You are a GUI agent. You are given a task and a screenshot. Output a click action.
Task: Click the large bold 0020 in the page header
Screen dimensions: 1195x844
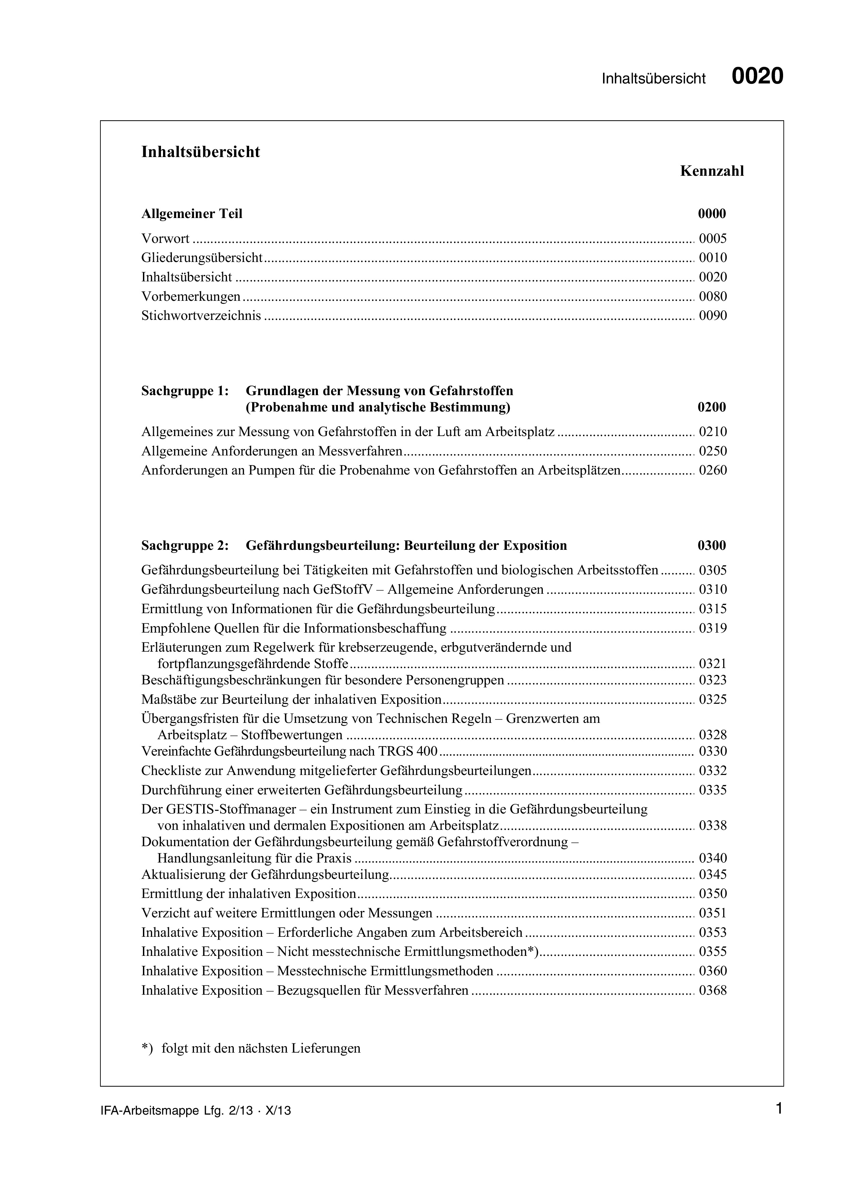pyautogui.click(x=757, y=77)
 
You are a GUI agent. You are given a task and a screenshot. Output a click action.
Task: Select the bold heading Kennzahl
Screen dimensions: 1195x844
pyautogui.click(x=712, y=171)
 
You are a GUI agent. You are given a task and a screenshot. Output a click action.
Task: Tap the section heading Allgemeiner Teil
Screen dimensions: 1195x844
pyautogui.click(x=192, y=214)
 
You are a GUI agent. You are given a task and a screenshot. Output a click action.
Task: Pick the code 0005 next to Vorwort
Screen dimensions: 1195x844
pyautogui.click(x=712, y=239)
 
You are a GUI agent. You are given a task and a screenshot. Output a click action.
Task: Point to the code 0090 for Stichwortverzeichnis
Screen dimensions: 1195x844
pyautogui.click(x=712, y=316)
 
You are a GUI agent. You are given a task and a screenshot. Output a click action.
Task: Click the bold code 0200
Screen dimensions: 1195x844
pyautogui.click(x=711, y=407)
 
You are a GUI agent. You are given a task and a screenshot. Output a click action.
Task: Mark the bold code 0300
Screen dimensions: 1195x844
pyautogui.click(x=711, y=546)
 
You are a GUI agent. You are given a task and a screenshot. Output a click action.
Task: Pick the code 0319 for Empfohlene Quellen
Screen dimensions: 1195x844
pyautogui.click(x=712, y=629)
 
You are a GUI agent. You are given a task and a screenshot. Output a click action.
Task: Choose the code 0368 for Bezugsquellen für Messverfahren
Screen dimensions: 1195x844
pyautogui.click(x=712, y=991)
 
